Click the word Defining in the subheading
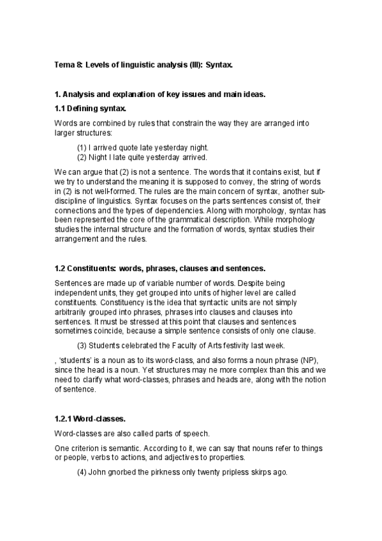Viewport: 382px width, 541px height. [83, 108]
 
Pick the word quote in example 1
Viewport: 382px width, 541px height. [128, 147]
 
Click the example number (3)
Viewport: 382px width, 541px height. [82, 346]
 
